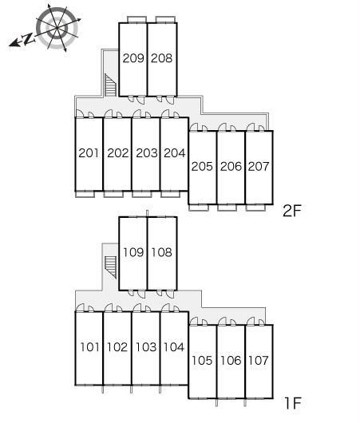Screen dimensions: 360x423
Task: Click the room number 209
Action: coord(133,58)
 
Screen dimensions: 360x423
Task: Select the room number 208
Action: coord(161,58)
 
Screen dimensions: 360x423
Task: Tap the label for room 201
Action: coord(89,153)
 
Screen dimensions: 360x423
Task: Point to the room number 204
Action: coord(175,153)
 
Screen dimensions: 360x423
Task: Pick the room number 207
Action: coord(259,167)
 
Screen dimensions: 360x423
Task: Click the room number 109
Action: coord(133,252)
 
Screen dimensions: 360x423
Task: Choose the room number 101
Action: coord(90,347)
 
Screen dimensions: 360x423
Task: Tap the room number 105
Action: coord(202,360)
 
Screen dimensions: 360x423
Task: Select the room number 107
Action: coord(259,360)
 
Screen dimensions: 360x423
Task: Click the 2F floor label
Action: coord(291,211)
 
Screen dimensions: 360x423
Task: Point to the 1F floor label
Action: coord(293,403)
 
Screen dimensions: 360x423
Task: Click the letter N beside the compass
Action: coord(28,39)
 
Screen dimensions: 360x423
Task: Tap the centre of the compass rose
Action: coord(57,28)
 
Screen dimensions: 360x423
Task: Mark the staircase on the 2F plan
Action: coord(110,85)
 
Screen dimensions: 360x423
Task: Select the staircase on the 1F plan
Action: coord(110,267)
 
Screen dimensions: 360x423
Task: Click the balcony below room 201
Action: coord(85,194)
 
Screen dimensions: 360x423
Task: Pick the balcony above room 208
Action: coord(166,19)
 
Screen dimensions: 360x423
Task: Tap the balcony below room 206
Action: coord(227,208)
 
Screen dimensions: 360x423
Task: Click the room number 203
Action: coord(147,153)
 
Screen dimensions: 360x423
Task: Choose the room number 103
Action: coord(146,347)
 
